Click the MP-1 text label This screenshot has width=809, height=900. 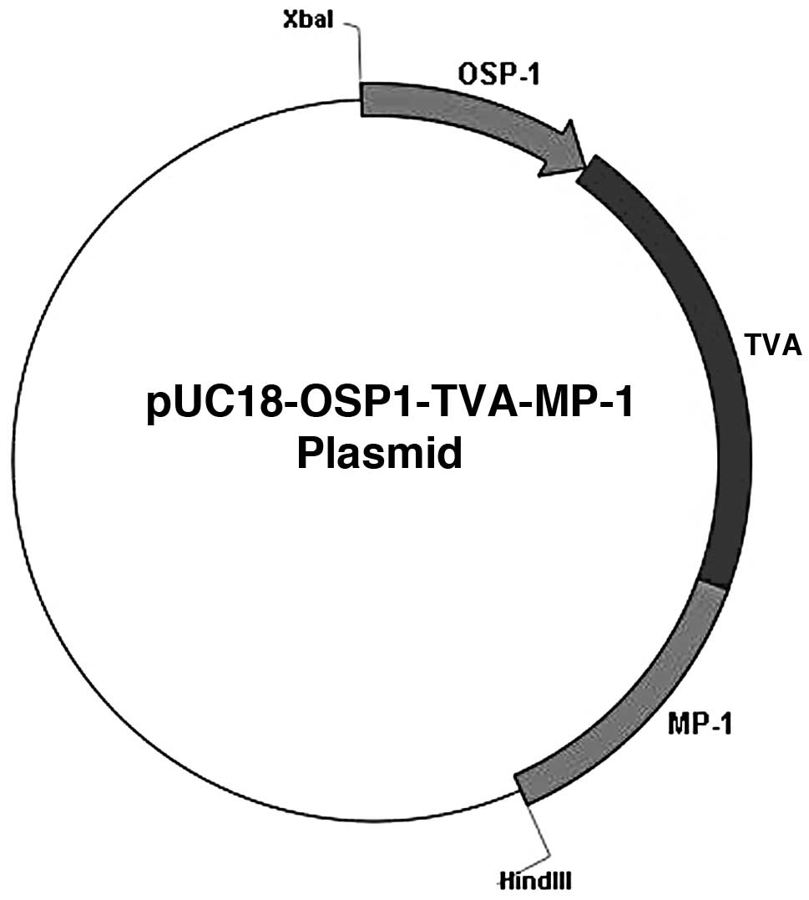(700, 724)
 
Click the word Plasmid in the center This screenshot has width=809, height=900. (380, 455)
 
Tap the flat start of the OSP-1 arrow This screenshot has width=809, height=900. (362, 99)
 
